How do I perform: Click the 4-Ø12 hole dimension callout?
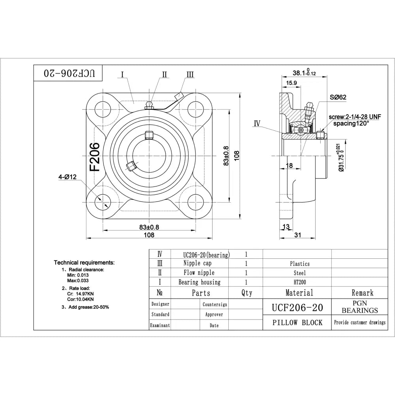click(67, 177)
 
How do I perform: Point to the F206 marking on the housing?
click(95, 157)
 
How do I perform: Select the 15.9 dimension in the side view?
click(292, 83)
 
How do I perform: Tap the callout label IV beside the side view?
click(257, 124)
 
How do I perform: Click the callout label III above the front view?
click(190, 74)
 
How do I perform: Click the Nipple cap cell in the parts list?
click(197, 263)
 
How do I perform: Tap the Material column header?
click(299, 293)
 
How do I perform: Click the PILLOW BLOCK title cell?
click(297, 323)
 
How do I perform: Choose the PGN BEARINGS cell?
click(359, 307)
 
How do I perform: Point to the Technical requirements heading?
click(84, 262)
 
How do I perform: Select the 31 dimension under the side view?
click(298, 235)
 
